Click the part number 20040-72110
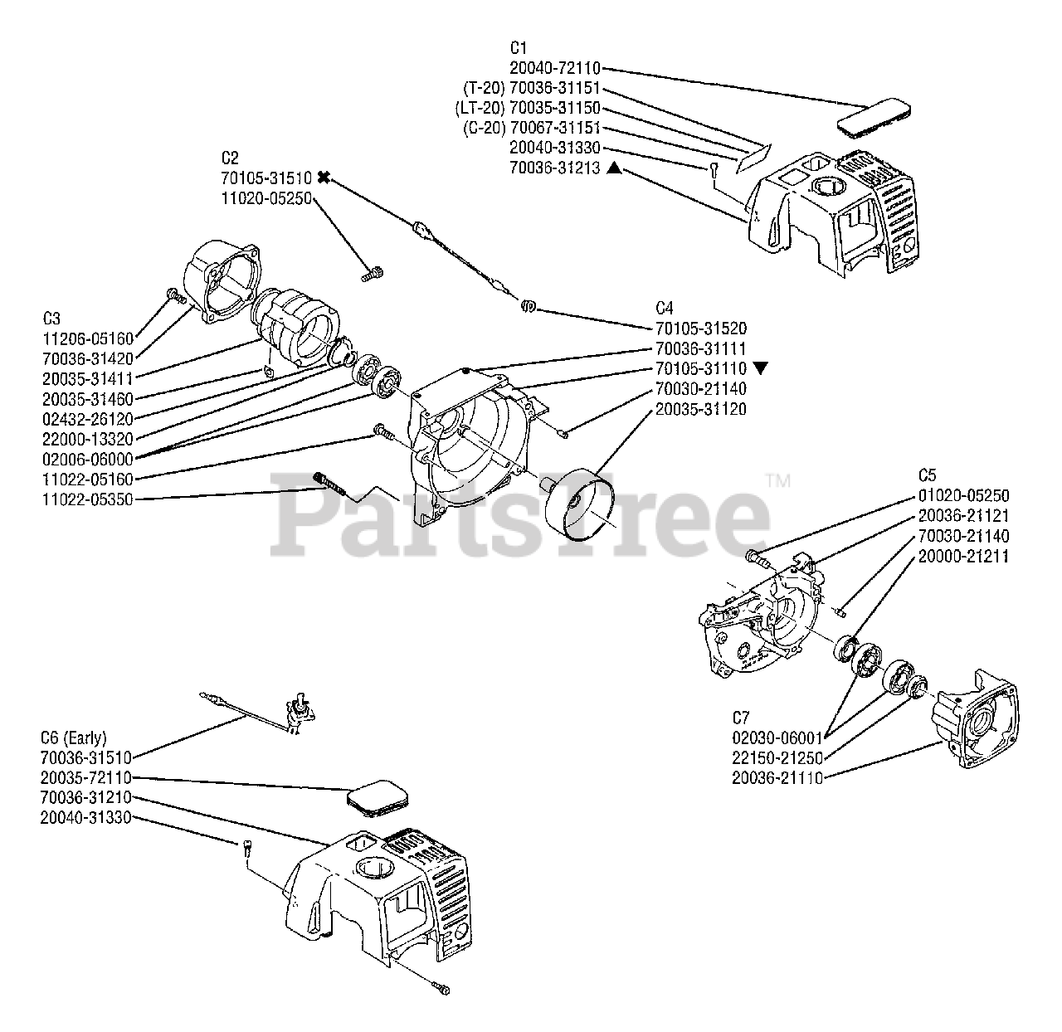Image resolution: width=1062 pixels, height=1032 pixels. point(553,68)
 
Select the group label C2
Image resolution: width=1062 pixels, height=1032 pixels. point(230,158)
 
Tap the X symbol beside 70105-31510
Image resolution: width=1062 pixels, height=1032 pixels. point(324,177)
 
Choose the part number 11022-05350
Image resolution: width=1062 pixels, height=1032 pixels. point(87,499)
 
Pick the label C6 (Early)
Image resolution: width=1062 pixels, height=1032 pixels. point(73,737)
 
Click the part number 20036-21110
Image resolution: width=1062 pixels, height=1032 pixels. point(777,777)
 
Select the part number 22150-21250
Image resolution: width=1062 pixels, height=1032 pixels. point(777,757)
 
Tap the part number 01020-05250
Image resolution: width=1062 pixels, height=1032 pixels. point(963,495)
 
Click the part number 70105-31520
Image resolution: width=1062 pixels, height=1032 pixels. point(700,329)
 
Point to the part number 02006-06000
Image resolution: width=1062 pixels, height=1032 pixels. point(87,459)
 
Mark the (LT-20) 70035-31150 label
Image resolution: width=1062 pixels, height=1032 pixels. point(527,109)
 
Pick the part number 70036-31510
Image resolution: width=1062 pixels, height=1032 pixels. point(85,757)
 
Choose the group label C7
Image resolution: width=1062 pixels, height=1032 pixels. point(741,717)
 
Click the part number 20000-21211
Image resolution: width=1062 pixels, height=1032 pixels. point(963,556)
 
